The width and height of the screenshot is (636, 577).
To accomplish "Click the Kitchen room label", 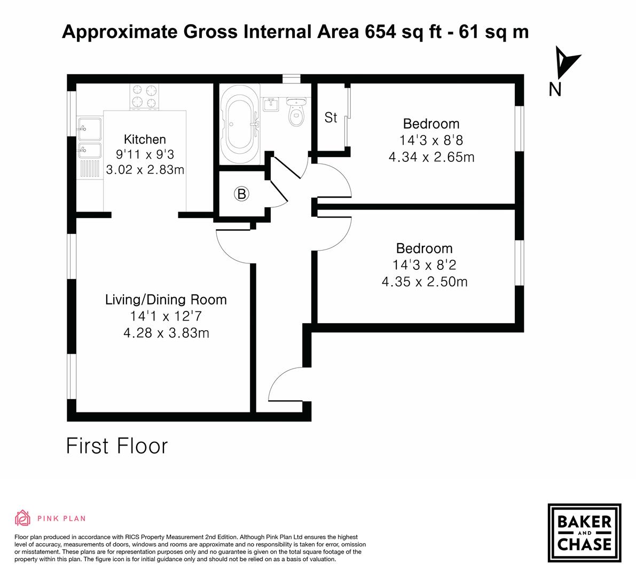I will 145,139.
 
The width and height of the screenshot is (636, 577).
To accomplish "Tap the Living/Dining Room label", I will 166,300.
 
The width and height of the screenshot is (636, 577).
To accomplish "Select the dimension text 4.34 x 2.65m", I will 431,157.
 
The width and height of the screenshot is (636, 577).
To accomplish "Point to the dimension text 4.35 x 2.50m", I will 425,282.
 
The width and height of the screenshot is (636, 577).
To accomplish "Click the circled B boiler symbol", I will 241,194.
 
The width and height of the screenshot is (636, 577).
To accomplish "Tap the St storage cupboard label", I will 331,118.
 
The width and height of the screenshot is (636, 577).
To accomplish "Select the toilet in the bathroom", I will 295,112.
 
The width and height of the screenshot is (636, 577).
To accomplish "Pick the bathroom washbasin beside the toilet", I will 270,104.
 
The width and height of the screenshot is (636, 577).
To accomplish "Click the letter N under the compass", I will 555,90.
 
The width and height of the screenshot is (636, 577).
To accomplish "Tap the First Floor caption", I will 116,446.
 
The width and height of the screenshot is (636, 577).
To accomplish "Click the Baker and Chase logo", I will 584,533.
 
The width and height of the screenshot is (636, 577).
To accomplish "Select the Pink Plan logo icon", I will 23,518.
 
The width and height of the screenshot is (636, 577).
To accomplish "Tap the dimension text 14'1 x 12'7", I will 166,316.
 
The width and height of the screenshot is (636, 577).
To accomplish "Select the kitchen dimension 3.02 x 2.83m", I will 145,170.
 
